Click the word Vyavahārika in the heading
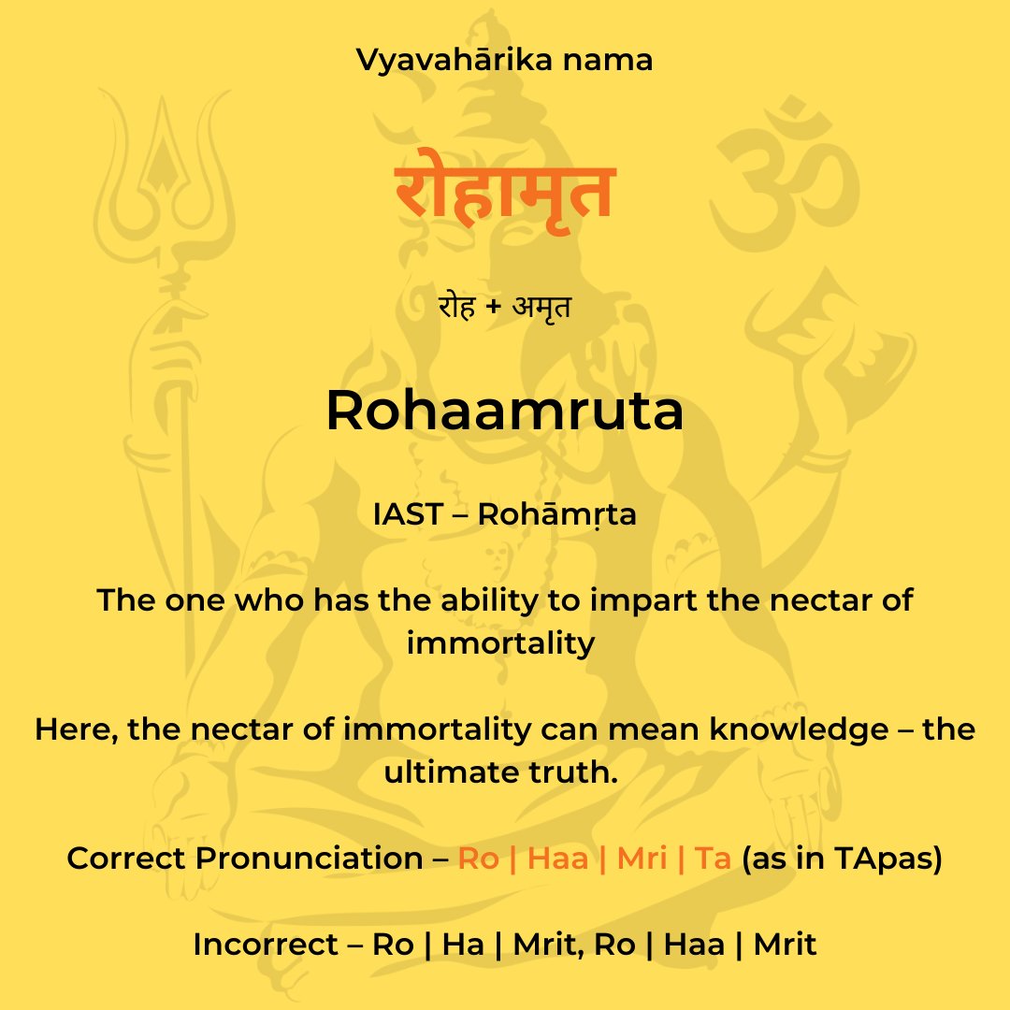(x=454, y=61)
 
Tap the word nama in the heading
(x=608, y=61)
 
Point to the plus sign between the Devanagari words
(x=494, y=307)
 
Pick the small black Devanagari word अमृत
(x=541, y=307)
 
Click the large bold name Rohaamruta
(x=504, y=411)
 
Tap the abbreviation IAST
(x=408, y=514)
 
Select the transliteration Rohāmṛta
(x=556, y=514)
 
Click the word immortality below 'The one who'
(x=500, y=643)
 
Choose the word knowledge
(x=799, y=729)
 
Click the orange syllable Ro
(x=478, y=858)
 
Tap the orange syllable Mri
(x=642, y=858)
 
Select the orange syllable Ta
(x=713, y=858)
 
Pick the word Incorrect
(x=266, y=945)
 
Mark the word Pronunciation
(x=310, y=858)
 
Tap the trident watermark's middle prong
(x=163, y=148)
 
